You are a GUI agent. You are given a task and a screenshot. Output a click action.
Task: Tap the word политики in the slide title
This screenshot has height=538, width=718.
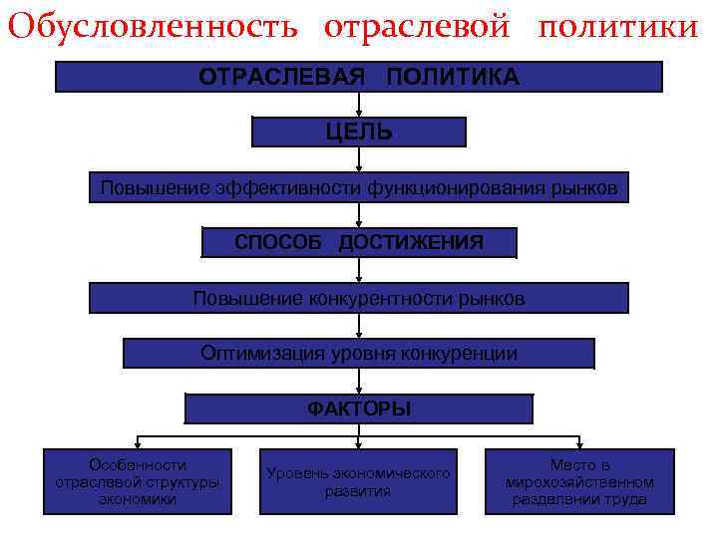(618, 27)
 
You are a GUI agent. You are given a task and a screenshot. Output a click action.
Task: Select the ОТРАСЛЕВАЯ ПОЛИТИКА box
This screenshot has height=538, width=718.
(358, 77)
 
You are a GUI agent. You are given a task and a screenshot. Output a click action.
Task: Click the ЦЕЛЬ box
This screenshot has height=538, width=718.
(358, 132)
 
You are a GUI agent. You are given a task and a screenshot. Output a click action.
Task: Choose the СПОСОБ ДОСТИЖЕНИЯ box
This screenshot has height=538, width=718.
(359, 242)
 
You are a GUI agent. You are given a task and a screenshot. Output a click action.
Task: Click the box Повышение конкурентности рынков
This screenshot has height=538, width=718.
(359, 298)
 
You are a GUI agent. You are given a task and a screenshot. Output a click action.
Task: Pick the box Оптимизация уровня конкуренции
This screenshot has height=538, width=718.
(358, 354)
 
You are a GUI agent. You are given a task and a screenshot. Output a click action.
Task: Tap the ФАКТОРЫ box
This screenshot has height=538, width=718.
(359, 408)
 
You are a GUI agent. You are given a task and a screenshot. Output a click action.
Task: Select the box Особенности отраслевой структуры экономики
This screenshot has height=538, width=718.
(138, 481)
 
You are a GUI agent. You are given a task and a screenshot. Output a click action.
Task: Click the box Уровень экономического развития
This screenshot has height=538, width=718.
(358, 481)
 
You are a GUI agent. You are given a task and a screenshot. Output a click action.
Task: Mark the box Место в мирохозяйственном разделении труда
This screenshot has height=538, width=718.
(579, 481)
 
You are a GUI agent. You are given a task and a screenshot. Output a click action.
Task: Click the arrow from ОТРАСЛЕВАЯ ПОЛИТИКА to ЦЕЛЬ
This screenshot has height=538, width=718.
(359, 105)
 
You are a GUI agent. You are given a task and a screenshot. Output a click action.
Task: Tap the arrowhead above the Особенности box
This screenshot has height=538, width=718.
(138, 443)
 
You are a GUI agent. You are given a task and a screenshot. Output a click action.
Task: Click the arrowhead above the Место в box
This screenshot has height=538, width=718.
(579, 443)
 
